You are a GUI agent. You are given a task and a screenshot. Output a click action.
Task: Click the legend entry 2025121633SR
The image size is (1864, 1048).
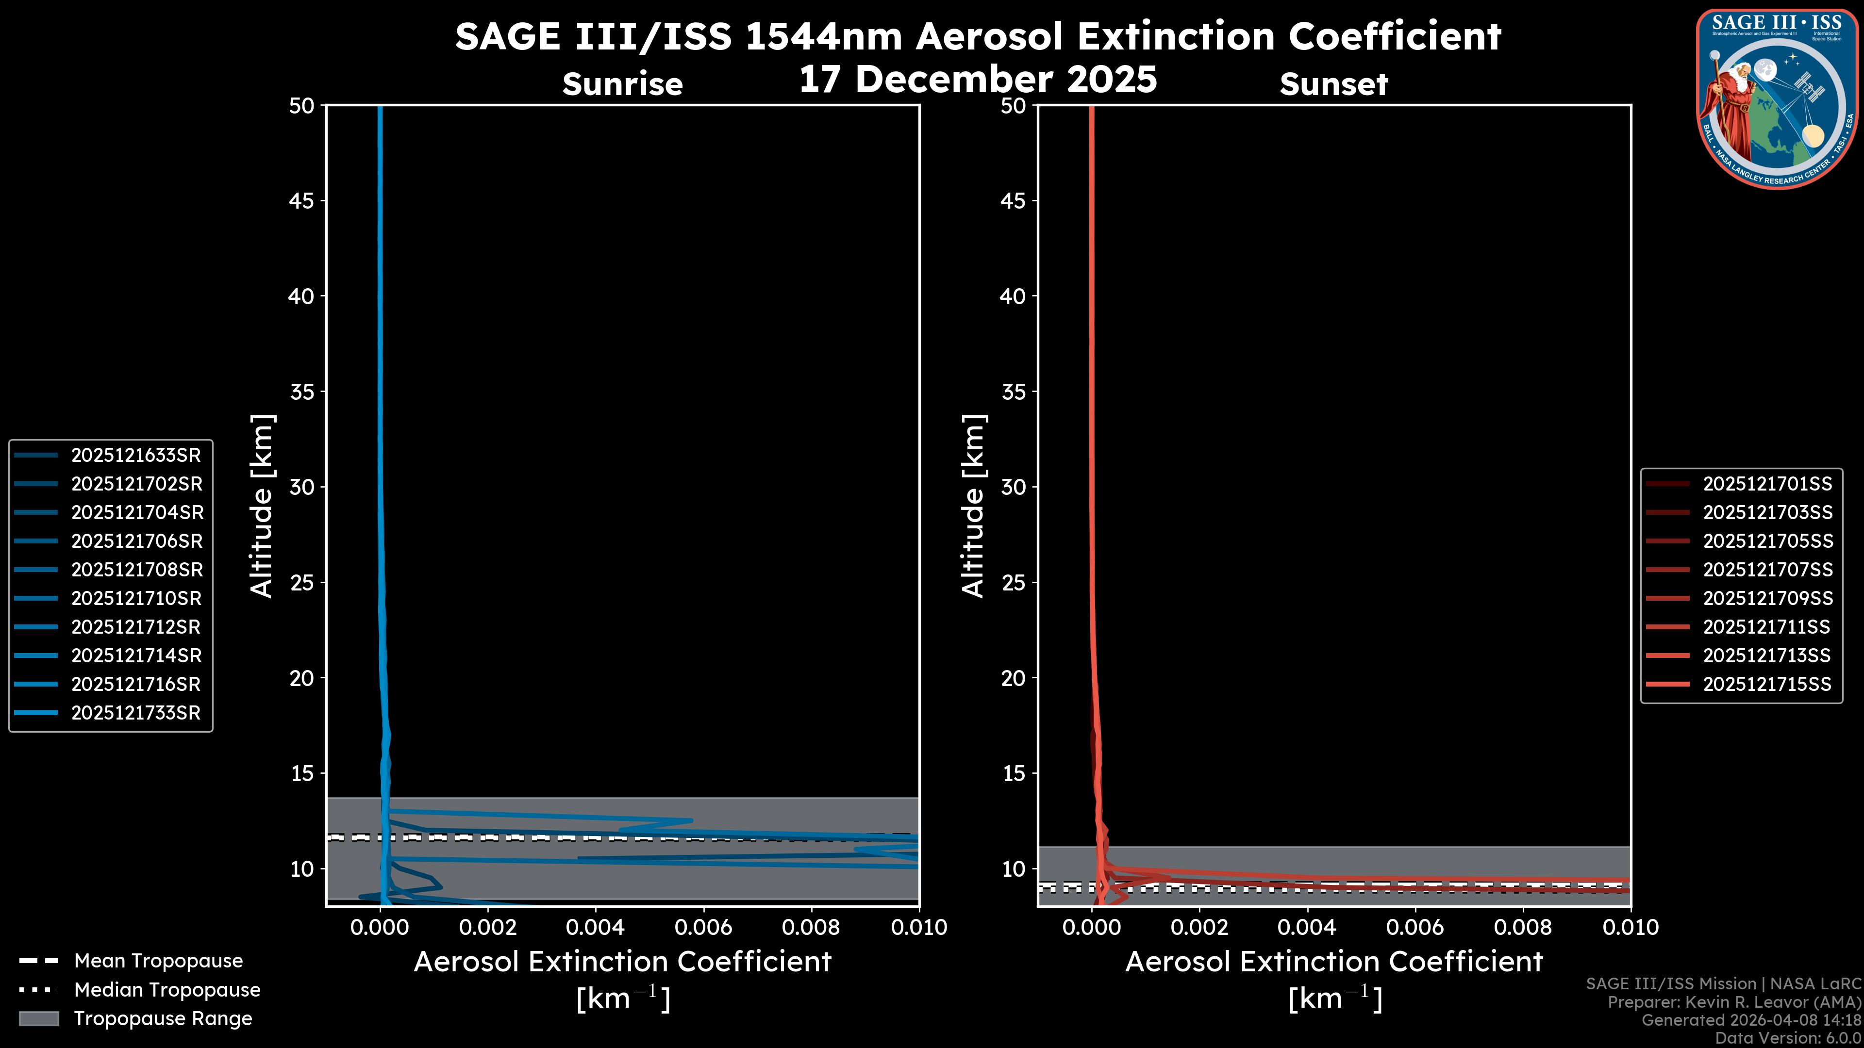click(x=135, y=455)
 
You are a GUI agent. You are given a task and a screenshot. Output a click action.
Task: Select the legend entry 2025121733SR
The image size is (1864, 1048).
click(x=135, y=712)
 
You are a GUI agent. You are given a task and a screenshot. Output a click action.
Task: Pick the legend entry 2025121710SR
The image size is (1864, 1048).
click(x=135, y=598)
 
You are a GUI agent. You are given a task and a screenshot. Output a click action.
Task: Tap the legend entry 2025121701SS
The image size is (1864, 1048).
click(x=1767, y=484)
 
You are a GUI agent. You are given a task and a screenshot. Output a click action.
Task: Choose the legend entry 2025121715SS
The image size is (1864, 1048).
click(x=1767, y=684)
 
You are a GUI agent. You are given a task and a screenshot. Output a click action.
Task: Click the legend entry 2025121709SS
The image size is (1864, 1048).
click(x=1767, y=598)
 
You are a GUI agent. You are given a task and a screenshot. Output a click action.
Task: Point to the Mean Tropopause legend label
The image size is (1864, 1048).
click(x=158, y=961)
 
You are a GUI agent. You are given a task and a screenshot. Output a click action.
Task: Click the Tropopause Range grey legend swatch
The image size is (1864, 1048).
click(x=38, y=1018)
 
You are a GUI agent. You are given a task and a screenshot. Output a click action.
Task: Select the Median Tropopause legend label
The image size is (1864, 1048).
click(x=167, y=989)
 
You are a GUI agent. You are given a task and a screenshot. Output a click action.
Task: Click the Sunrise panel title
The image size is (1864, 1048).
click(x=622, y=84)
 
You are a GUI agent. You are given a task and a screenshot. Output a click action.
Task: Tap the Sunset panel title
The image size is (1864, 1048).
click(x=1333, y=84)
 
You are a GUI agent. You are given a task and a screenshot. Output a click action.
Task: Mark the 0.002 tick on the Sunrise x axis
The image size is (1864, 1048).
click(x=488, y=927)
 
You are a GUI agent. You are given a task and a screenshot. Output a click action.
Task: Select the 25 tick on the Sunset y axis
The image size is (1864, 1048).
click(x=1013, y=582)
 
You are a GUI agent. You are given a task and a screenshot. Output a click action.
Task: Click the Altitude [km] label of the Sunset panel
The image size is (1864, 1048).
click(x=973, y=506)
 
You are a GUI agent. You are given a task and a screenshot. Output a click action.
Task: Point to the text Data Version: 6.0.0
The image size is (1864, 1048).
click(x=1787, y=1038)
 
